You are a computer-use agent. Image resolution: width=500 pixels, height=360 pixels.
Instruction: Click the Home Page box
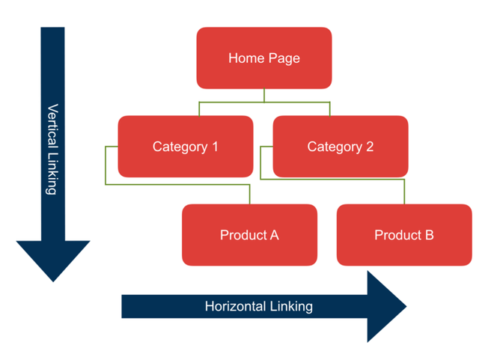(x=264, y=58)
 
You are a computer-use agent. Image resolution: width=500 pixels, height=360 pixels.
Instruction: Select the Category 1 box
(x=185, y=147)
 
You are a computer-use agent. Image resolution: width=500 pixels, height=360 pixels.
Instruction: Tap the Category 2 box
(x=340, y=147)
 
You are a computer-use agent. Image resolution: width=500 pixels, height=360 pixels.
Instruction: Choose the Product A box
(x=249, y=235)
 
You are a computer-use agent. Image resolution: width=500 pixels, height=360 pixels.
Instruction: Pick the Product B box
(x=404, y=235)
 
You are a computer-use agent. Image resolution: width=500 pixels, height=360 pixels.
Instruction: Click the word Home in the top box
(x=245, y=58)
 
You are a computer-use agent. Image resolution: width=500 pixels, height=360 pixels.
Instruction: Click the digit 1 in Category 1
(x=214, y=147)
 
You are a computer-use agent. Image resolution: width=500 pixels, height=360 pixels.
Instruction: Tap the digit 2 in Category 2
(x=369, y=147)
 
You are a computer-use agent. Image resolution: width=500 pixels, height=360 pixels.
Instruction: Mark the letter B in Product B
(x=429, y=235)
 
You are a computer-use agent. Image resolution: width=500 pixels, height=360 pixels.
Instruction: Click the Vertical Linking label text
(x=52, y=149)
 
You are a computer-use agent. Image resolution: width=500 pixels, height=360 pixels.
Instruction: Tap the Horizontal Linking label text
(x=258, y=306)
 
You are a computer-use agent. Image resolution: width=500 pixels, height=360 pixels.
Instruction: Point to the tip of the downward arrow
(x=53, y=280)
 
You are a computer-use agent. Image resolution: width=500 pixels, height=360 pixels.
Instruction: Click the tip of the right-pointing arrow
(x=405, y=306)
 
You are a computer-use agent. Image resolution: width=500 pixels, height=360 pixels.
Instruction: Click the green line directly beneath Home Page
(x=264, y=95)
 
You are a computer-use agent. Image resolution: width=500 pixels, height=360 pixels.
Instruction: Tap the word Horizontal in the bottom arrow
(x=235, y=306)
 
